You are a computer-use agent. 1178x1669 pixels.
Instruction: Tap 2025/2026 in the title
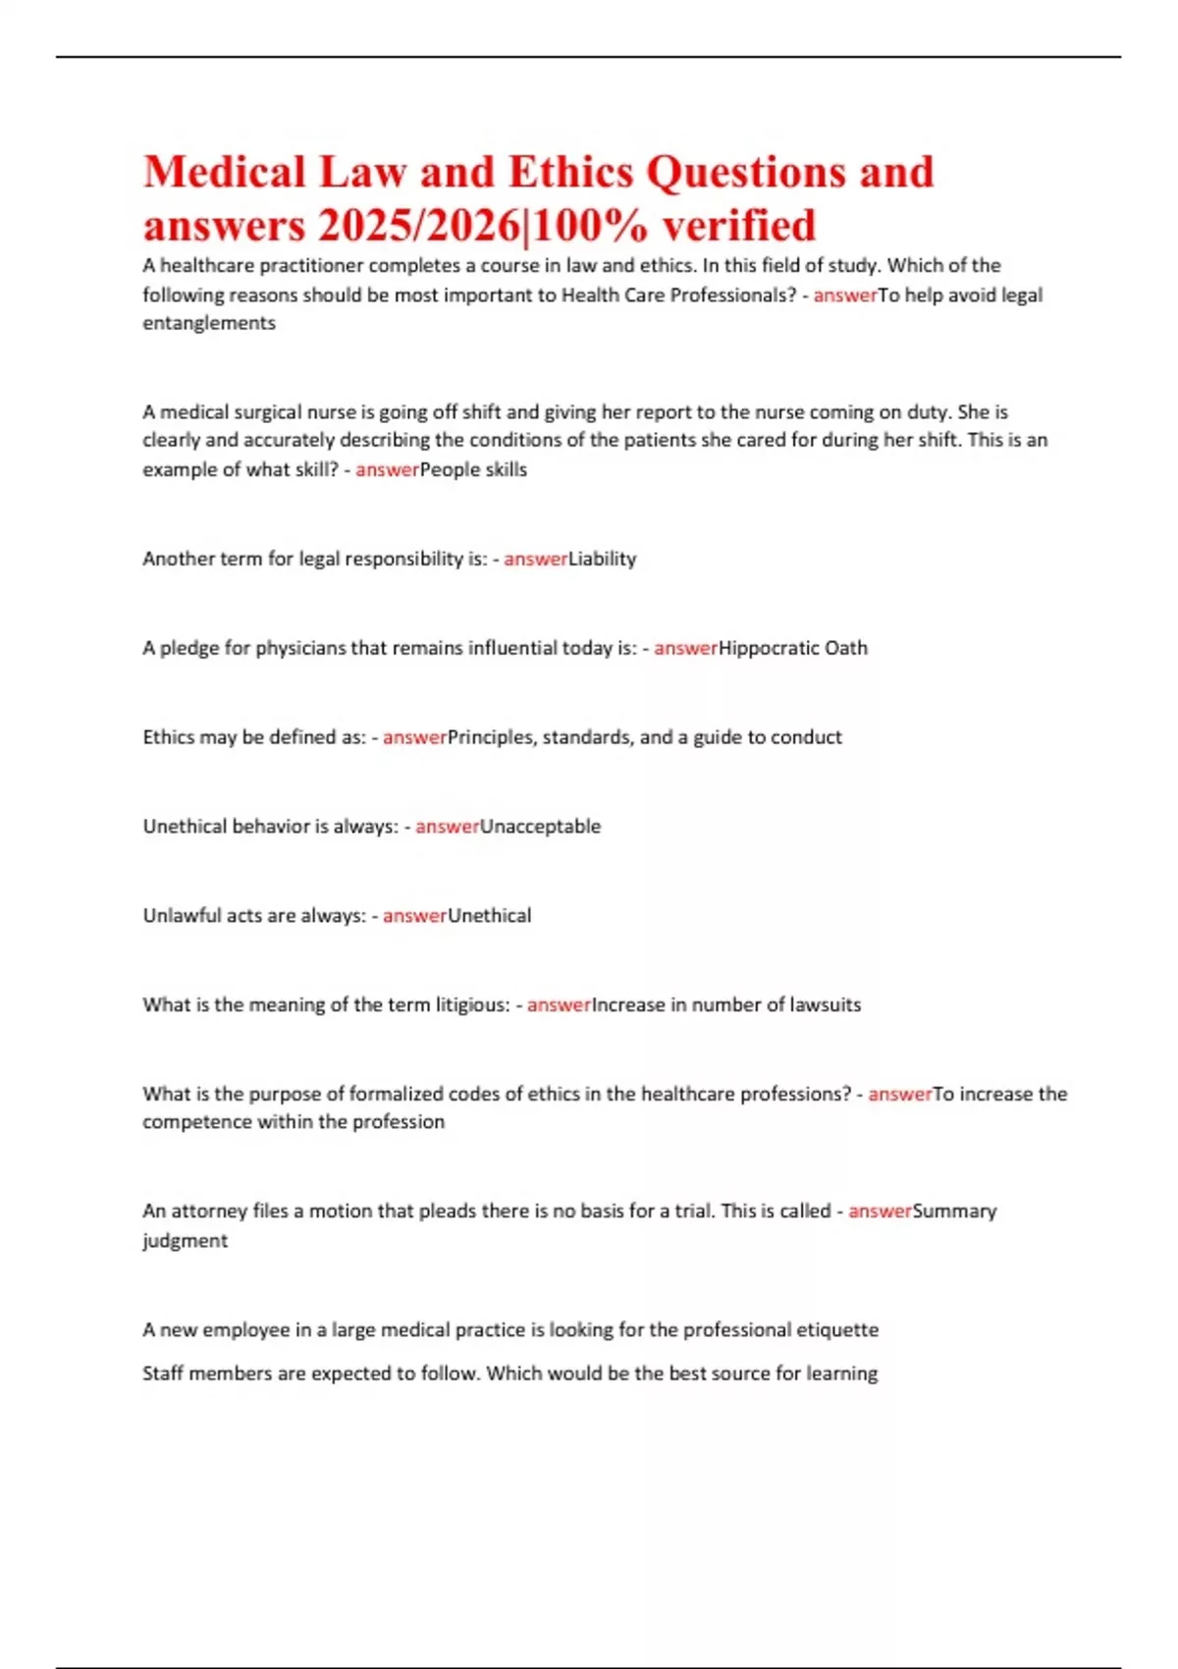click(x=417, y=226)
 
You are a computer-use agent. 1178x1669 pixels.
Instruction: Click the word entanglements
click(x=209, y=323)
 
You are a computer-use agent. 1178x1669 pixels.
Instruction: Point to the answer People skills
click(x=473, y=469)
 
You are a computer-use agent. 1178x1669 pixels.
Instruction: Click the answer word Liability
click(x=603, y=559)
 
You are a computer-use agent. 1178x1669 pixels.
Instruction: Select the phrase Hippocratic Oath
click(x=793, y=648)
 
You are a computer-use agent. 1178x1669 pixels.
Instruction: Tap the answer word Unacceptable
click(x=540, y=827)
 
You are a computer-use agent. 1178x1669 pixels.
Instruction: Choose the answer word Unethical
click(x=489, y=916)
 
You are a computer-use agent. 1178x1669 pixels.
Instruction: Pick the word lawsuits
click(x=825, y=1005)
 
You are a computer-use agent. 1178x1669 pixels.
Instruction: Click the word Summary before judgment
click(x=954, y=1211)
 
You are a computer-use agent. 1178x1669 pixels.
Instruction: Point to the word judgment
click(x=185, y=1241)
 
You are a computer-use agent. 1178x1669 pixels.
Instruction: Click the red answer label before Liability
click(x=536, y=559)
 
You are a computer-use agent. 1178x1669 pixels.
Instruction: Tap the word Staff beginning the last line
click(x=162, y=1373)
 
